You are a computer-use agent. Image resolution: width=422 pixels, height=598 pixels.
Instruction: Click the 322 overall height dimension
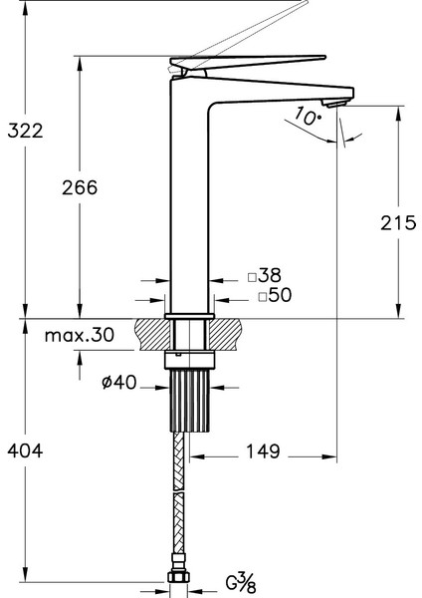pyautogui.click(x=26, y=131)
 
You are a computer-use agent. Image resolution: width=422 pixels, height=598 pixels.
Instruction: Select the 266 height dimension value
pyautogui.click(x=80, y=187)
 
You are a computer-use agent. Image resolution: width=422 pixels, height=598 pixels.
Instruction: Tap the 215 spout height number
pyautogui.click(x=398, y=222)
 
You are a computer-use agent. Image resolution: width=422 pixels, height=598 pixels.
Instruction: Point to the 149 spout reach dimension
pyautogui.click(x=263, y=451)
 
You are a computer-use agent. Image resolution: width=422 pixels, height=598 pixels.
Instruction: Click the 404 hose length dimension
pyautogui.click(x=26, y=450)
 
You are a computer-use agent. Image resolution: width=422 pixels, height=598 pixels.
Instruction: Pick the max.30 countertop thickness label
pyautogui.click(x=80, y=335)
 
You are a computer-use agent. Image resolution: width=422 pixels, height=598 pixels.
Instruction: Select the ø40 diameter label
pyautogui.click(x=119, y=382)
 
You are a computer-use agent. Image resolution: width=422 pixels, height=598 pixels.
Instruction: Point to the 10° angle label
pyautogui.click(x=308, y=116)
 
